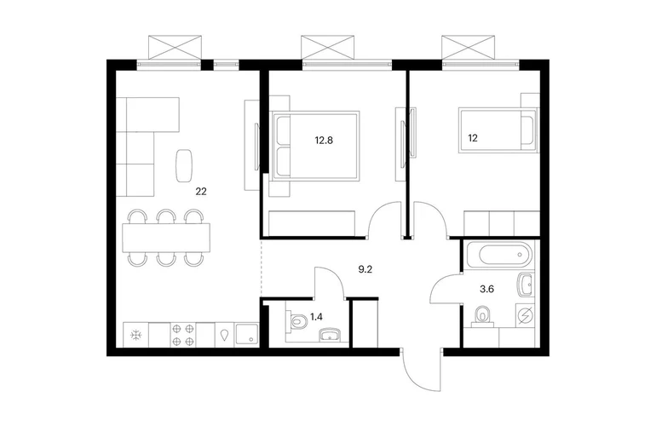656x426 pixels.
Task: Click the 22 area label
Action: [201, 192]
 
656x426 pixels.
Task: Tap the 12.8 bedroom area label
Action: [324, 141]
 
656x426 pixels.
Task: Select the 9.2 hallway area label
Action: [365, 269]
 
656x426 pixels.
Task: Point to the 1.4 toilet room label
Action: [316, 317]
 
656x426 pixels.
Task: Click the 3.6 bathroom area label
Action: [487, 289]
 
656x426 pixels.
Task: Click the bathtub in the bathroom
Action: [499, 255]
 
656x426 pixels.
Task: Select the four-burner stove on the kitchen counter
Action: [183, 334]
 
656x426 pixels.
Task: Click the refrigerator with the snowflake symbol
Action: [135, 334]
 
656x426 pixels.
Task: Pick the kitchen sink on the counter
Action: [247, 334]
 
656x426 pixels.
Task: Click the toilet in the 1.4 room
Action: [296, 321]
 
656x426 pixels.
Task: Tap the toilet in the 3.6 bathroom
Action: [482, 316]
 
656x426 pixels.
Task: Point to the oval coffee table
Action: [184, 165]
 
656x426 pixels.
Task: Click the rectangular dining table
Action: [166, 238]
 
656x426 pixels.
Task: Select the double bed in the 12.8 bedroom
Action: [315, 146]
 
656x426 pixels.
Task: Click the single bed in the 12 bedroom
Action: [498, 130]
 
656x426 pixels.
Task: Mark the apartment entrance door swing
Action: [422, 370]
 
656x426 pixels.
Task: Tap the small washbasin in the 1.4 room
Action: [331, 335]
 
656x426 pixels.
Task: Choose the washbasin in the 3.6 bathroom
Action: [526, 285]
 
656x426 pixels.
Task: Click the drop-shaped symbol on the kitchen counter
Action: [225, 335]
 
